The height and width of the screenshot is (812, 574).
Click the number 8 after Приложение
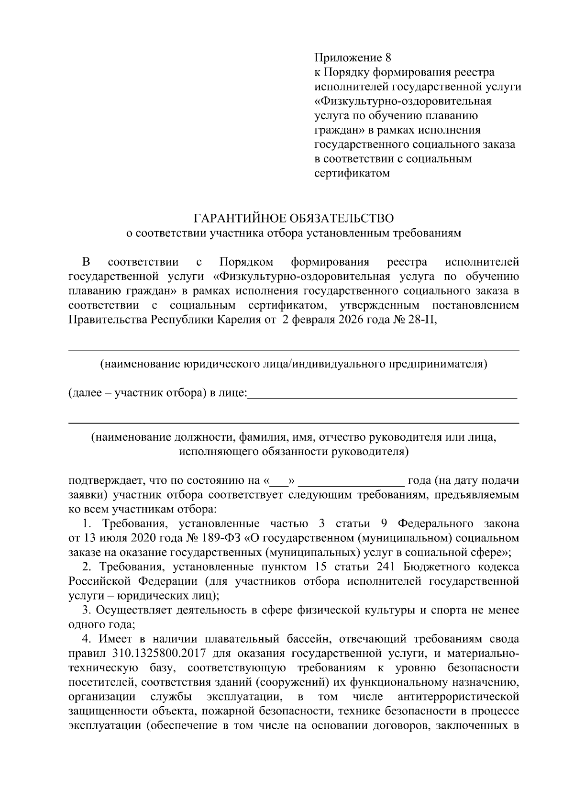[388, 58]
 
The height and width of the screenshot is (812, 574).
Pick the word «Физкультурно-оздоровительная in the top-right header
[403, 101]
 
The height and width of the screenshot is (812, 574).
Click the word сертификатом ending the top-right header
[352, 173]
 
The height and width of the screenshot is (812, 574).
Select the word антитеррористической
[458, 696]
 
